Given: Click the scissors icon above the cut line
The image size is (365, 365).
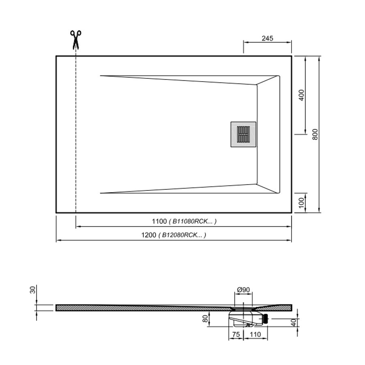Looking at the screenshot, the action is pyautogui.click(x=76, y=40).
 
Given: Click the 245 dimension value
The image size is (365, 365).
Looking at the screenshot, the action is pyautogui.click(x=267, y=38).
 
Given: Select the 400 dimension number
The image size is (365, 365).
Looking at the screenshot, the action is pyautogui.click(x=301, y=95).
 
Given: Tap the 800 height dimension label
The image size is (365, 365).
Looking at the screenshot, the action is pyautogui.click(x=315, y=134).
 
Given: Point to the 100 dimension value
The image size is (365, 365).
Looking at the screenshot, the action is pyautogui.click(x=301, y=203).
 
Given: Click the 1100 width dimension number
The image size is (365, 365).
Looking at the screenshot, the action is pyautogui.click(x=159, y=221).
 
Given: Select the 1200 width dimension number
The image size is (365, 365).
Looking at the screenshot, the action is pyautogui.click(x=148, y=235).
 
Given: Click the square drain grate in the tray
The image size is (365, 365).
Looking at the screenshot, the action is pyautogui.click(x=243, y=134).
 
